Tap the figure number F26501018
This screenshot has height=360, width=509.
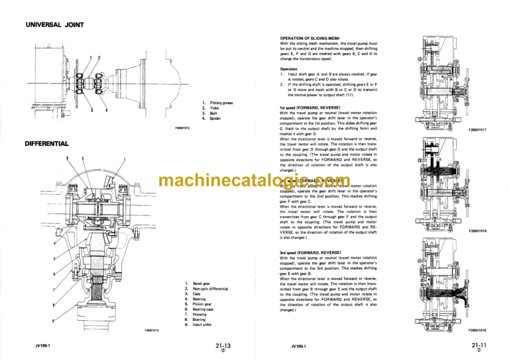(x=477, y=231)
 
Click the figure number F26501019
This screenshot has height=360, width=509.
(x=477, y=330)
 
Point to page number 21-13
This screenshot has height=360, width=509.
(x=223, y=345)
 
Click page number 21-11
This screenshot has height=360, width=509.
(x=480, y=345)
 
